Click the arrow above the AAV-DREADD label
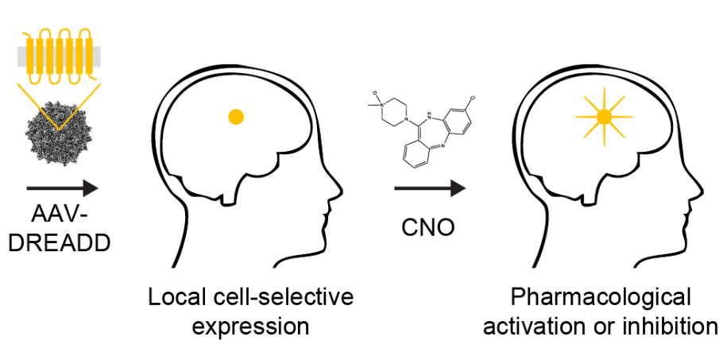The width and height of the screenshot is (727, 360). coord(62,188)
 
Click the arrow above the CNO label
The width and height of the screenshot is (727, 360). coord(429,188)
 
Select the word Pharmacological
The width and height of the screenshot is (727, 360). coord(601,298)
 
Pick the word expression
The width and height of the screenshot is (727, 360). coord(249,326)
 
